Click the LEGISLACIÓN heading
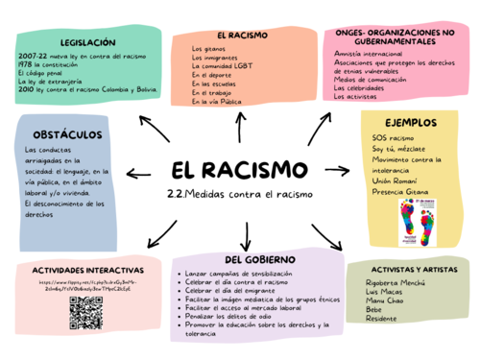click(x=86, y=43)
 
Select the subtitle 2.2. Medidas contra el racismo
click(x=240, y=195)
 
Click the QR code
click(x=86, y=314)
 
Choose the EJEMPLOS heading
click(x=411, y=124)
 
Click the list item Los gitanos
click(x=209, y=48)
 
